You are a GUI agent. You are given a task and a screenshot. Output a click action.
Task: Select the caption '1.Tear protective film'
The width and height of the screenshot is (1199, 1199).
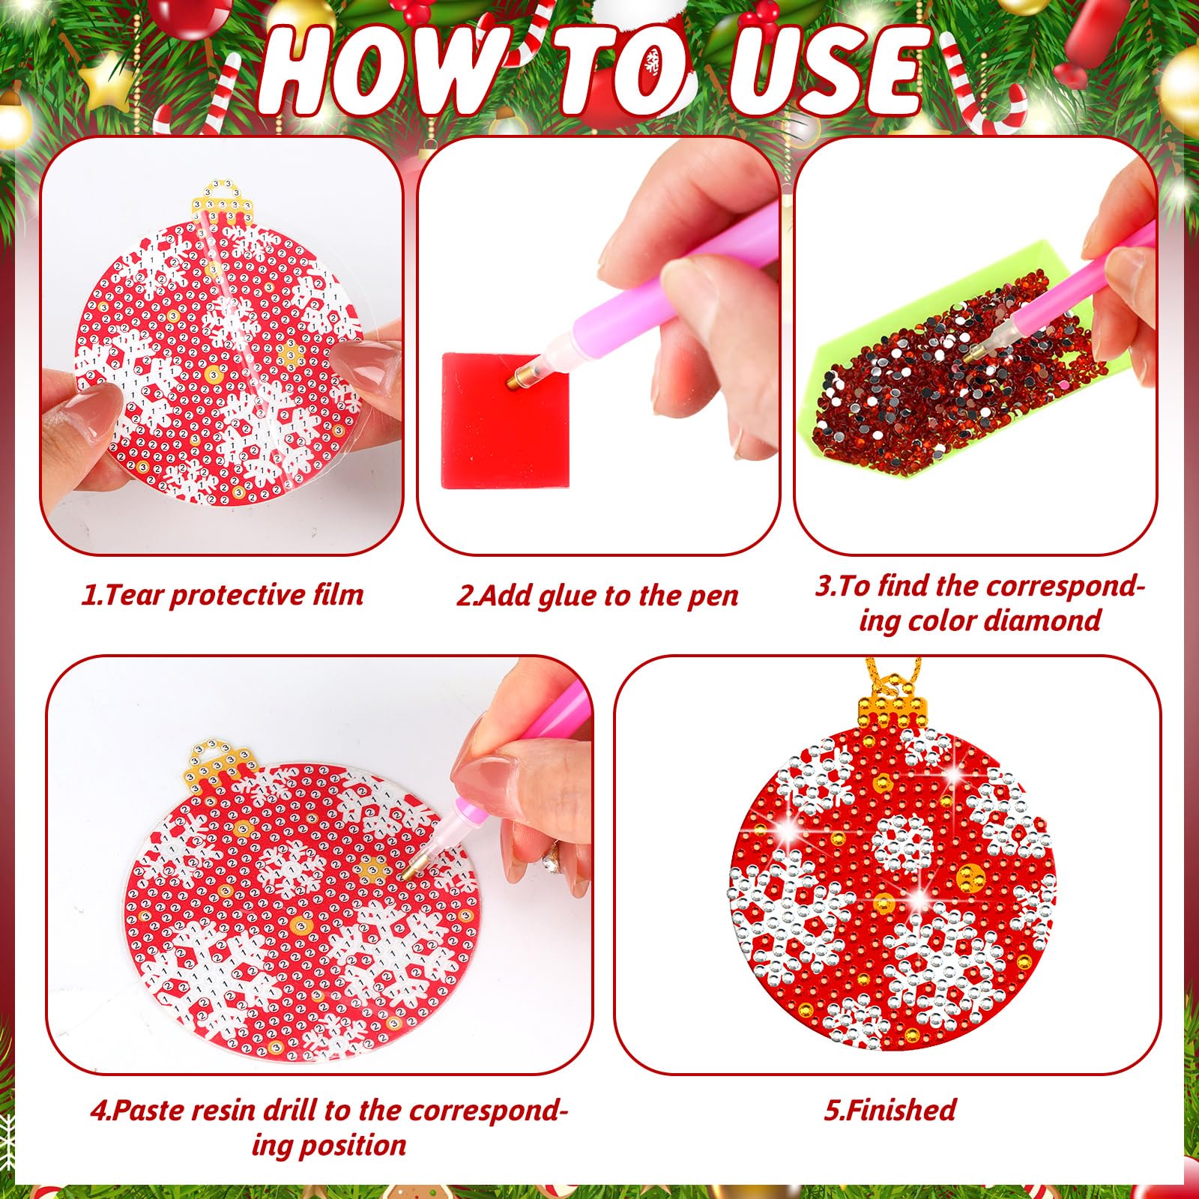click(x=223, y=595)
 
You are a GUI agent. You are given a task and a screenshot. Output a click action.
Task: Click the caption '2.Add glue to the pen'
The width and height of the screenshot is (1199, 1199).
click(x=597, y=596)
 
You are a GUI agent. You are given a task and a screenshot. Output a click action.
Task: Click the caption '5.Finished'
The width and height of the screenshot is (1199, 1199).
click(x=890, y=1109)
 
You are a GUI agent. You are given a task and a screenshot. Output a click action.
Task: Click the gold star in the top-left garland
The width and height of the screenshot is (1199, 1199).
click(x=105, y=81)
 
